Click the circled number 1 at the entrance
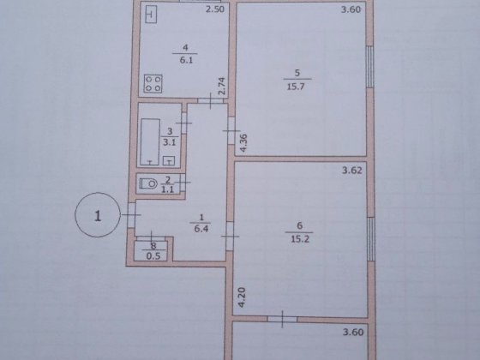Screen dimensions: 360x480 coord(98,216)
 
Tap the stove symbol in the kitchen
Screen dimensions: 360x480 coord(155,84)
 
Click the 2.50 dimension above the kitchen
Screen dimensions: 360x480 coord(214,10)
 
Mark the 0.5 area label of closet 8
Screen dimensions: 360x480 coord(153,255)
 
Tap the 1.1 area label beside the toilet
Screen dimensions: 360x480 coord(169,189)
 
